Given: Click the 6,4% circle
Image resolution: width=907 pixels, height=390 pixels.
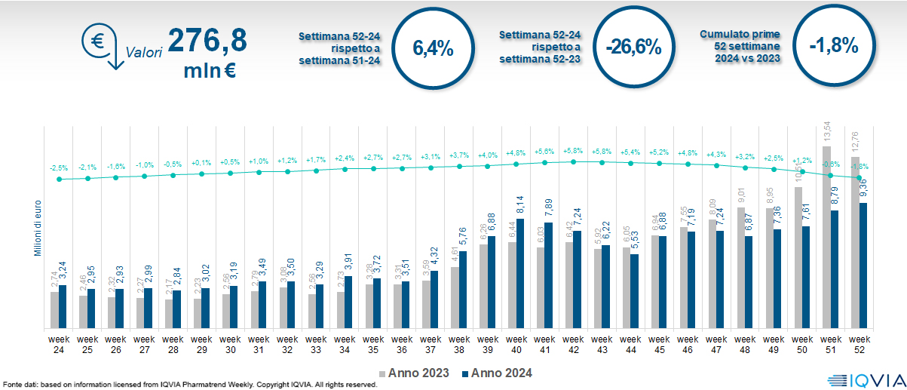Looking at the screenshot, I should coord(433,48).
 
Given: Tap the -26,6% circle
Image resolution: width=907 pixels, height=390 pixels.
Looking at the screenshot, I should coord(633,48).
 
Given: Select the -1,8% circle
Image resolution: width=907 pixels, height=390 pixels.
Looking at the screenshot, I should coord(834,45).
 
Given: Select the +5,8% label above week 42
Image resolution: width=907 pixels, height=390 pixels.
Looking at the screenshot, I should coord(574,152).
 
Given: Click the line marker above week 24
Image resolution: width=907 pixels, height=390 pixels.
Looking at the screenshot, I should coord(59,179).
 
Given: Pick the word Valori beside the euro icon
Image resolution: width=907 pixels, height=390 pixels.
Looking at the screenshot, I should coord(145,53).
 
